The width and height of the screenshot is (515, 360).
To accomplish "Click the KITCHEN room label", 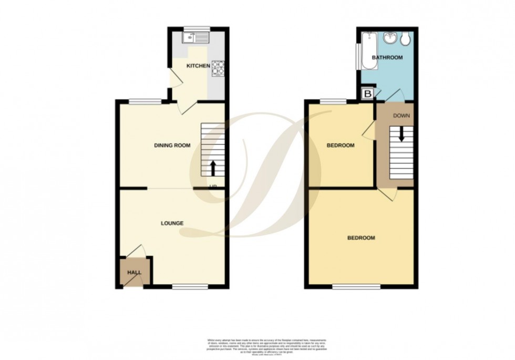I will [x=199, y=66].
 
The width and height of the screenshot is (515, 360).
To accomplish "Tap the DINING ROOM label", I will [x=172, y=146].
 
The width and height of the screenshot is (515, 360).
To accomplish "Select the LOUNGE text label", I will [x=172, y=223].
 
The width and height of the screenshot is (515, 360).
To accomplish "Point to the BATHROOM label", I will [x=387, y=57].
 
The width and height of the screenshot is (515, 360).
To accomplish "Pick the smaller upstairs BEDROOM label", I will [x=340, y=146].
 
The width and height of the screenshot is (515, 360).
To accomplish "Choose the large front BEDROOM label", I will [x=361, y=238].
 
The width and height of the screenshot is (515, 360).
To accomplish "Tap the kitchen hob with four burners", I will [x=218, y=66].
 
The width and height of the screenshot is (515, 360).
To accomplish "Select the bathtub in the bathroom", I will [x=367, y=50].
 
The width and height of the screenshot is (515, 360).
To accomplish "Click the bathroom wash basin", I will [x=390, y=38].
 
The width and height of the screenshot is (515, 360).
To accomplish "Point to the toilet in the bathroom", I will [x=406, y=38].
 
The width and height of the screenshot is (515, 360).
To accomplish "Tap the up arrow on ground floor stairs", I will [x=213, y=167].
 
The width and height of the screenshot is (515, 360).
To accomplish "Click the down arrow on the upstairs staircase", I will [x=401, y=134].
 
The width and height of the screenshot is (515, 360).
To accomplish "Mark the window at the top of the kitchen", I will [x=196, y=28].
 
